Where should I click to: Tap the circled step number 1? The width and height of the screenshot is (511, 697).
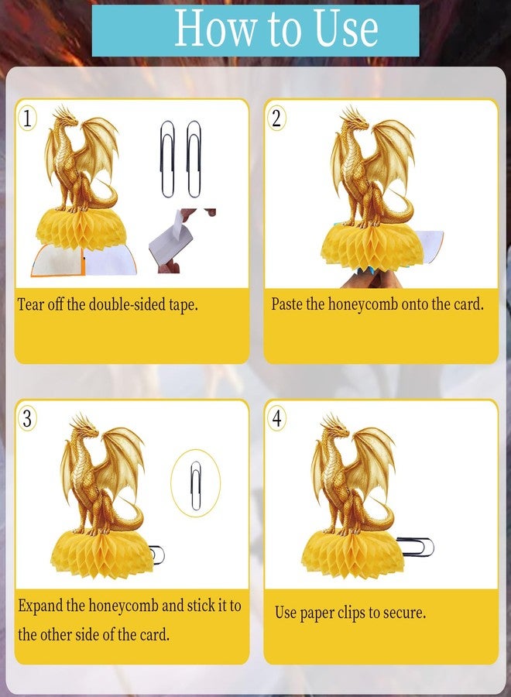(27, 118)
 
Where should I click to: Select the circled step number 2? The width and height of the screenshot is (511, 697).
(276, 118)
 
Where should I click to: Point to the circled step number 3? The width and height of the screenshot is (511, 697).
(27, 418)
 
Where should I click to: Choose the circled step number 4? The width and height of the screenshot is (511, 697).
(276, 418)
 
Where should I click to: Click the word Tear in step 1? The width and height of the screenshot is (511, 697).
(29, 304)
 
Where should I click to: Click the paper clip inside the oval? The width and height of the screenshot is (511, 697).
(196, 485)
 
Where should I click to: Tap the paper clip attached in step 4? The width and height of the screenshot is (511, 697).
(415, 547)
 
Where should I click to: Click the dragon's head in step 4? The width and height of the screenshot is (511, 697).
(336, 427)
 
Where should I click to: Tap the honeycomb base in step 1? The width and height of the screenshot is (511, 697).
(83, 232)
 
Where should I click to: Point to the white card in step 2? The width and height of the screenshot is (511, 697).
(431, 244)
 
